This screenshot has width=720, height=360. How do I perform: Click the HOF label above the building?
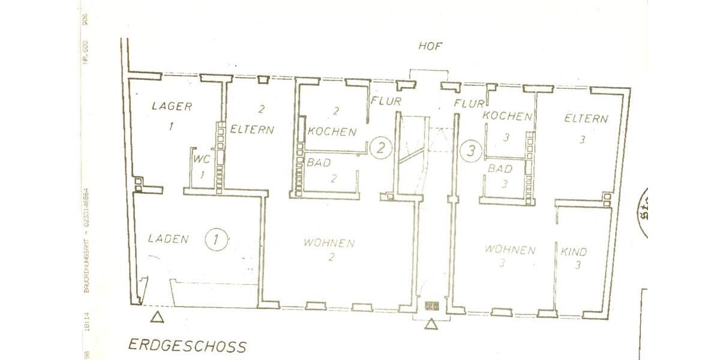(x=430, y=46)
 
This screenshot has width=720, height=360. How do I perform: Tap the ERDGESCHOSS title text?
(x=187, y=346)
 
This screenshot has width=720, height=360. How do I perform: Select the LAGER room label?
(x=172, y=107)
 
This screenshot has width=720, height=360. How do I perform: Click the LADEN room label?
(x=168, y=239)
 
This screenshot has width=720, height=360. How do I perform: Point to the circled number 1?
(x=216, y=239)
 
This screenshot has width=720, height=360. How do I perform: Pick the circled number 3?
(x=471, y=150)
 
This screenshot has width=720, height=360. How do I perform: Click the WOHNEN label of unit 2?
(x=329, y=243)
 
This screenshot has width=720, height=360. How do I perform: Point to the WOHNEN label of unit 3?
(x=510, y=250)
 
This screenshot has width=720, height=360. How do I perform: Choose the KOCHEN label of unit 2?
(x=331, y=132)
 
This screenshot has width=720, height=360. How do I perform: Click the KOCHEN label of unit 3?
(x=508, y=116)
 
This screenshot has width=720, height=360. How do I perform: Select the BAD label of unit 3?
(x=500, y=169)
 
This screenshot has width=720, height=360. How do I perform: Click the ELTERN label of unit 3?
(x=586, y=119)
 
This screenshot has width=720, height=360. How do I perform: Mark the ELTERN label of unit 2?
(x=252, y=128)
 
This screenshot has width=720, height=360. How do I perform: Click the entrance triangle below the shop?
(x=157, y=317)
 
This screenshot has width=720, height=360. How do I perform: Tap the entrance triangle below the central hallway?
(x=430, y=325)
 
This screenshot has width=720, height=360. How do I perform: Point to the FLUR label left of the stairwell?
(x=386, y=100)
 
